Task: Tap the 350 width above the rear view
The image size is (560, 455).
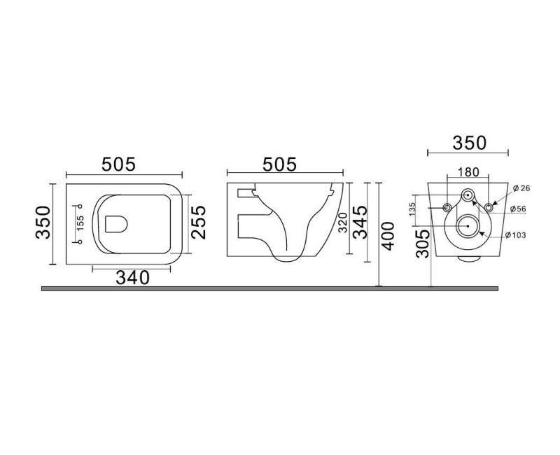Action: pyautogui.click(x=468, y=143)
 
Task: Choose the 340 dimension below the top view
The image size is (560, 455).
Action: pyautogui.click(x=133, y=278)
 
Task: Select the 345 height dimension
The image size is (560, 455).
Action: pyautogui.click(x=359, y=223)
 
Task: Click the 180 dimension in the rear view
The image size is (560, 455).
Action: pyautogui.click(x=468, y=172)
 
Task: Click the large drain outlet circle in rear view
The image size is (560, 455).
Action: pyautogui.click(x=468, y=226)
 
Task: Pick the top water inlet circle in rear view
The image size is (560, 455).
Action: pyautogui.click(x=468, y=194)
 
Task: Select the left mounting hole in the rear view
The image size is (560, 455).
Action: pyautogui.click(x=447, y=207)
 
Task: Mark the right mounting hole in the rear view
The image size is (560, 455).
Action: pyautogui.click(x=489, y=207)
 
